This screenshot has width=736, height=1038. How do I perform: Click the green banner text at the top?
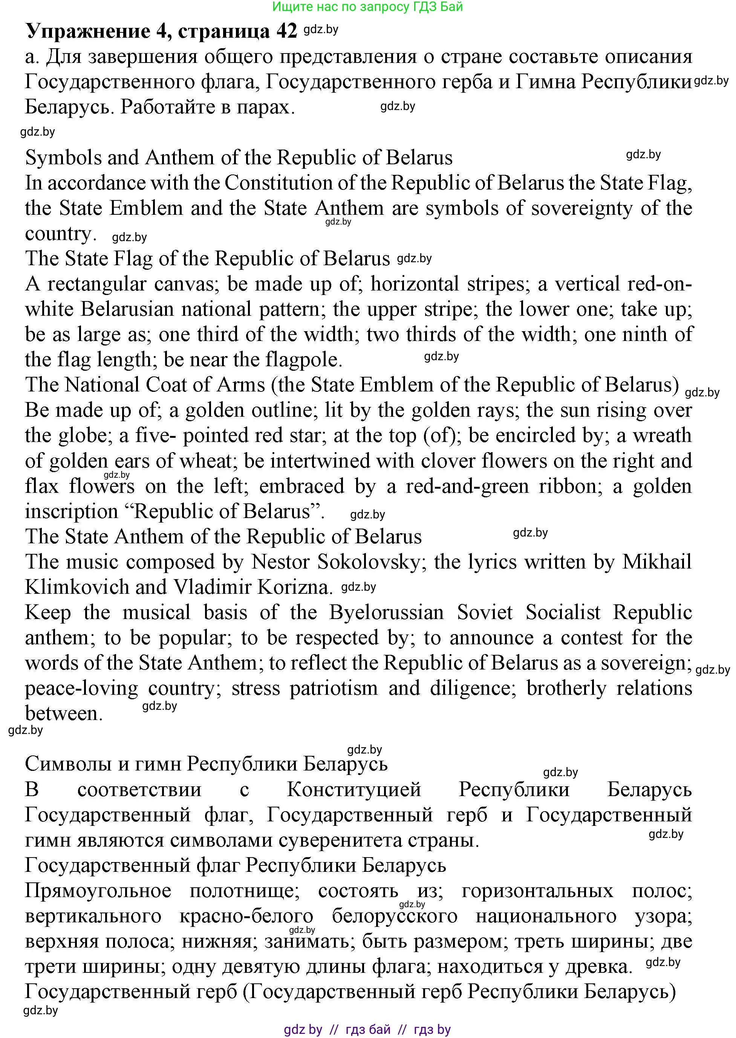click(367, 7)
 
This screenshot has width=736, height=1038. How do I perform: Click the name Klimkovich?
click(77, 588)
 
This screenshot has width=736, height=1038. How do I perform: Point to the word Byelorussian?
click(387, 613)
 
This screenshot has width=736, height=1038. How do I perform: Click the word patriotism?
click(334, 689)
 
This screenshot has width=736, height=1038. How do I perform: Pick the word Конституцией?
click(354, 790)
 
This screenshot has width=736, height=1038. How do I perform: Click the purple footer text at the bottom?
click(367, 1029)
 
